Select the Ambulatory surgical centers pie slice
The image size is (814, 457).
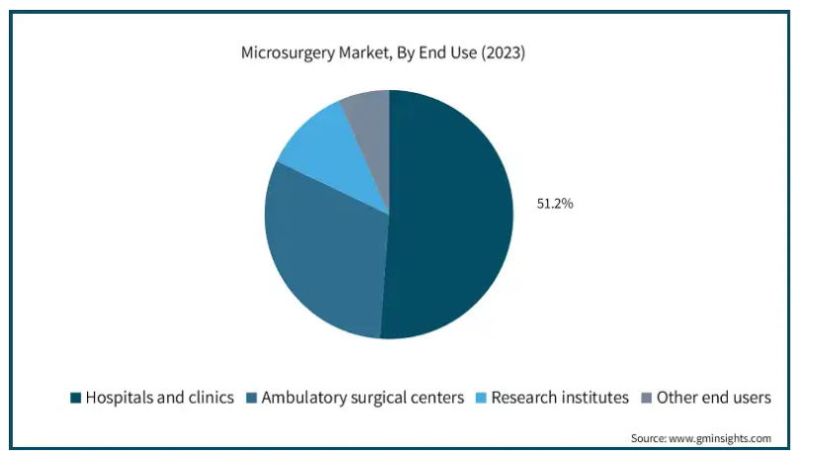coord(321,252)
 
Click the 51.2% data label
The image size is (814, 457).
coord(555,204)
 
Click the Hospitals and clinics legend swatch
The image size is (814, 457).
coord(74,398)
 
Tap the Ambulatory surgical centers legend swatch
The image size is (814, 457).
coord(251,398)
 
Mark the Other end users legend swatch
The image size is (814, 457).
coord(646,398)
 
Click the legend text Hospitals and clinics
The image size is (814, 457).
coord(159,398)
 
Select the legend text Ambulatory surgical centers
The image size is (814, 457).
coord(362,398)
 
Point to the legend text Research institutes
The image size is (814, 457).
coord(560,398)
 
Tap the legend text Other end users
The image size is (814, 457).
coord(714,398)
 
